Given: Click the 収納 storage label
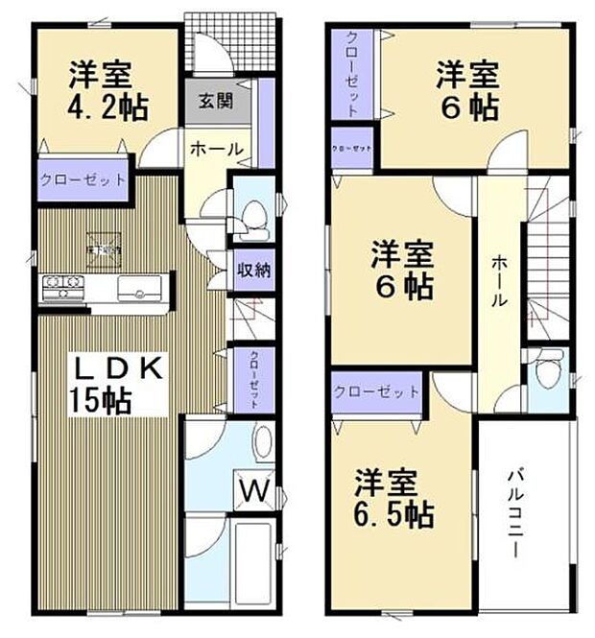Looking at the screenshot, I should coord(253,271).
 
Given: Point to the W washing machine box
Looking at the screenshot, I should coord(252,490).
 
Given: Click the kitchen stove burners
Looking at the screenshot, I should coord(62,284).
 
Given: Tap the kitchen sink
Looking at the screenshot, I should coord(140,286).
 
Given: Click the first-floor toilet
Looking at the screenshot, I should coord(253,217).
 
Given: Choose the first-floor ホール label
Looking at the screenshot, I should coord(216,149).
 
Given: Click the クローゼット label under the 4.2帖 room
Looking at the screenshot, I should coord(83,179).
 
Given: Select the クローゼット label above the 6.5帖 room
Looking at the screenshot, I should coord(377,391).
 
